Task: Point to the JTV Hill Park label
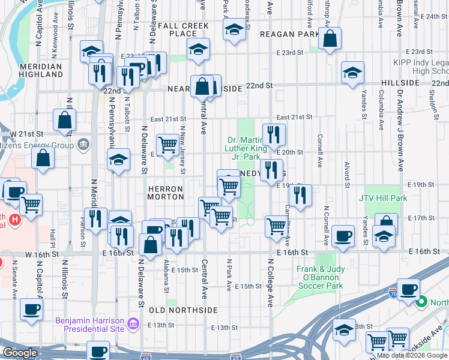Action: tap(383, 198)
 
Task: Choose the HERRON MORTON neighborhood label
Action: tap(166, 192)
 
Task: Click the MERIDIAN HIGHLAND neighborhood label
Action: tap(41, 70)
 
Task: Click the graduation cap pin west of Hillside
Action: tap(352, 73)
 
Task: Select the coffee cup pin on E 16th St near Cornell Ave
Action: tap(343, 236)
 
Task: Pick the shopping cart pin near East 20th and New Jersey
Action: tap(167, 144)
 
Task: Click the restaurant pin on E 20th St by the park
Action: tap(274, 135)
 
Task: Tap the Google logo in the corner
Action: tap(20, 353)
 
